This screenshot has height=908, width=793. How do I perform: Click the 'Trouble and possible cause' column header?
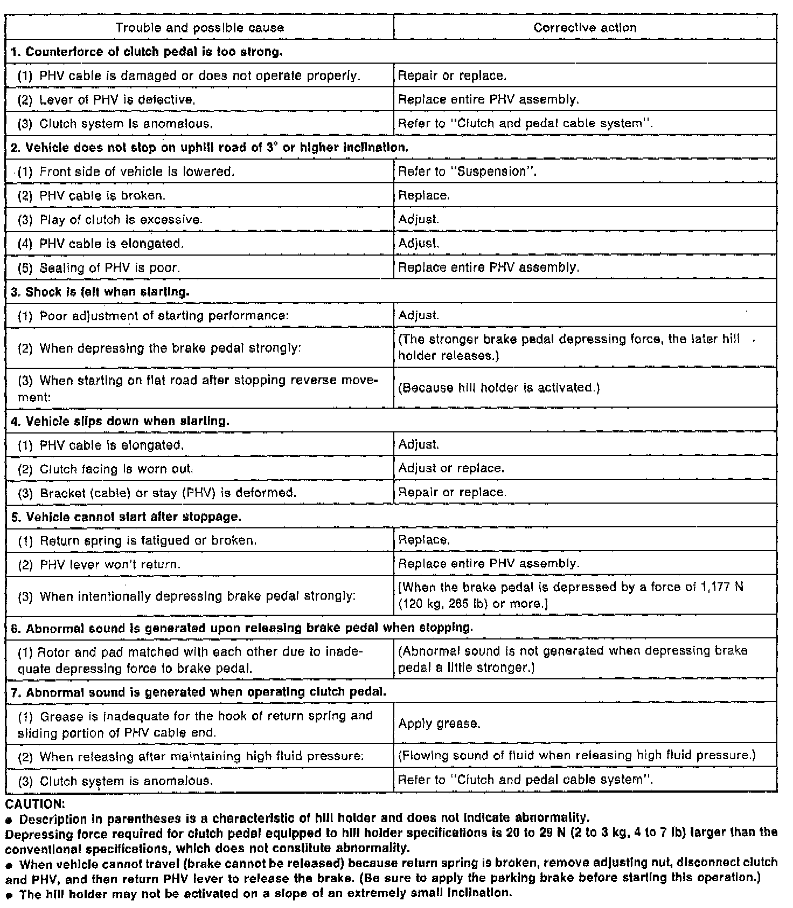[x=199, y=27]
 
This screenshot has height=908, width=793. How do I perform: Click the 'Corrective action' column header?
[x=585, y=27]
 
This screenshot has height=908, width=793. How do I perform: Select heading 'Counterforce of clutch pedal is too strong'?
[x=147, y=52]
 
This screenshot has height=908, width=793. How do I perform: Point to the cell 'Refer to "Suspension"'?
[x=467, y=171]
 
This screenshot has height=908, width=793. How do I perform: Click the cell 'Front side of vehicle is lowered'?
[x=127, y=171]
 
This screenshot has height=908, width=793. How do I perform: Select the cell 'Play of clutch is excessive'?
[x=111, y=220]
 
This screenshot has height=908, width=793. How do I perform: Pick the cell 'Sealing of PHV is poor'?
[x=99, y=268]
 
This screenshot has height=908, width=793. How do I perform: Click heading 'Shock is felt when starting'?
[x=100, y=292]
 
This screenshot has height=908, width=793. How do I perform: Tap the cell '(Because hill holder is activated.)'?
[x=499, y=388]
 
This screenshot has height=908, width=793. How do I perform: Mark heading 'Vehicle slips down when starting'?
[x=120, y=421]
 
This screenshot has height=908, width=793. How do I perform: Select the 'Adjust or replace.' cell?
[x=451, y=468]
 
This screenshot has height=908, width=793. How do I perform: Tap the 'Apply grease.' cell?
[x=439, y=724]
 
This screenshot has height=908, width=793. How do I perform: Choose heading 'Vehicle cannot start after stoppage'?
[x=126, y=517]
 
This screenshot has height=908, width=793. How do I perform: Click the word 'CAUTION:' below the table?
[x=35, y=804]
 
